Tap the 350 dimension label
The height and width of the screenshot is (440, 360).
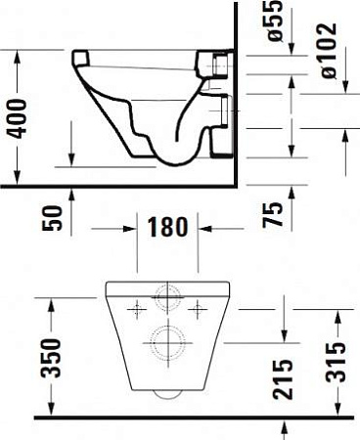click(x=55, y=358)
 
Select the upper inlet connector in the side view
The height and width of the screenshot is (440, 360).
click(x=216, y=65)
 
